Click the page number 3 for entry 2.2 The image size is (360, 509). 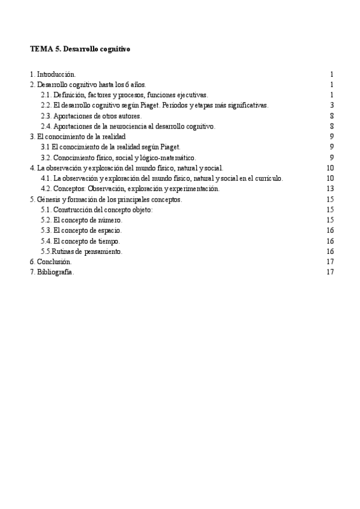coord(331,105)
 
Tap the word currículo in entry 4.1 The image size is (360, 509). coord(269,178)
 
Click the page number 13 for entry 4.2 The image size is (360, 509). coord(329,188)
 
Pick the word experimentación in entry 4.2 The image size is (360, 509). coord(194,188)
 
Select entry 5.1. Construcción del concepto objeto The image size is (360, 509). coord(97,209)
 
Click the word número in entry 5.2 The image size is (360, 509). coord(110,220)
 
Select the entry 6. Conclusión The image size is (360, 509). coord(50,262)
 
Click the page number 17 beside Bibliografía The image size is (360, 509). coord(329,272)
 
